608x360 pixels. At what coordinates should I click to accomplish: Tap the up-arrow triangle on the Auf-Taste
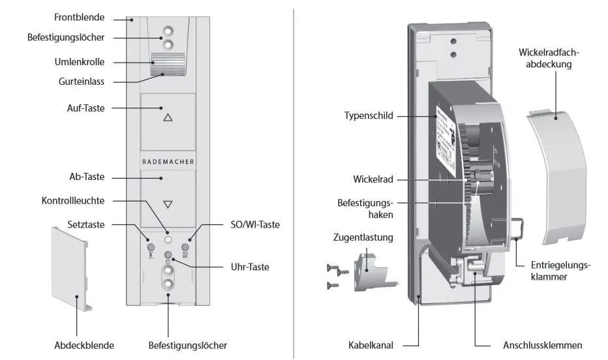coord(168,118)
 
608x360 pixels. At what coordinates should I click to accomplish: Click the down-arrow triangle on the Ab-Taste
coord(168,204)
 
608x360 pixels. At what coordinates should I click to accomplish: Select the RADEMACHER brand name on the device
coord(168,160)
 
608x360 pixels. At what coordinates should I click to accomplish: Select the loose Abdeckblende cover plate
coord(70,267)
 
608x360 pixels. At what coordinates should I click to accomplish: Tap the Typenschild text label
coord(369,115)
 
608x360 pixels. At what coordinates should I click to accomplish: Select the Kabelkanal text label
coord(372,345)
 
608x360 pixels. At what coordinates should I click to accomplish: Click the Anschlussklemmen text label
coord(542,345)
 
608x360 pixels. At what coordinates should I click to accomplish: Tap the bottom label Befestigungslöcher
coord(188,345)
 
